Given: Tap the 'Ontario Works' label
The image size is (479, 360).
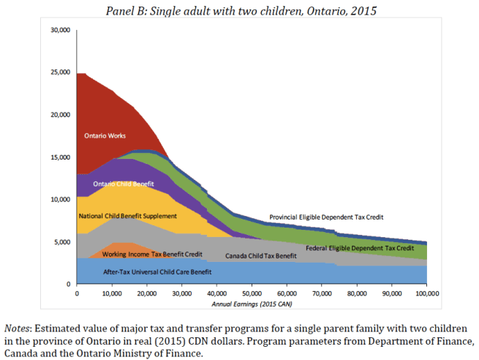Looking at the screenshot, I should pyautogui.click(x=104, y=136).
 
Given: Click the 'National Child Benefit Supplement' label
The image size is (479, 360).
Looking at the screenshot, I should pyautogui.click(x=127, y=217).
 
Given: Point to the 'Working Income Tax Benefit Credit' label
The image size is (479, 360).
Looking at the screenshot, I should pyautogui.click(x=151, y=253).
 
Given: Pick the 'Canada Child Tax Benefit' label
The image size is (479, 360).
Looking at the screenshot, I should pyautogui.click(x=260, y=256).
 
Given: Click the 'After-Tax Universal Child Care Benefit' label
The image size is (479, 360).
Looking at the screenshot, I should pyautogui.click(x=157, y=272).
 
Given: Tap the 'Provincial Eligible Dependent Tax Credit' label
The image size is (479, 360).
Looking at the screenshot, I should pyautogui.click(x=326, y=217).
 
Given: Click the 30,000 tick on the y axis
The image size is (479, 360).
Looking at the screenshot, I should pyautogui.click(x=59, y=30).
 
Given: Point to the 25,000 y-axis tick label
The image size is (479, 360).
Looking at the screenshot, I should pyautogui.click(x=59, y=72).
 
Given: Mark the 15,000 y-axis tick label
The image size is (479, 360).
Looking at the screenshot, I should pyautogui.click(x=59, y=157).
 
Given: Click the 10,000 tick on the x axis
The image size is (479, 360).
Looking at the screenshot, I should pyautogui.click(x=112, y=293).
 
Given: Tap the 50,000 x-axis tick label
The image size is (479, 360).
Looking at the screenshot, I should pyautogui.click(x=252, y=293).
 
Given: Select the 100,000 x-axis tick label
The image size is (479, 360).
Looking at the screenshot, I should pyautogui.click(x=426, y=293).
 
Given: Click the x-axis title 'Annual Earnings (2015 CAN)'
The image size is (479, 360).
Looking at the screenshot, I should pyautogui.click(x=252, y=303).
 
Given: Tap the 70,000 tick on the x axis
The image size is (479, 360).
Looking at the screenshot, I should pyautogui.click(x=322, y=293).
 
